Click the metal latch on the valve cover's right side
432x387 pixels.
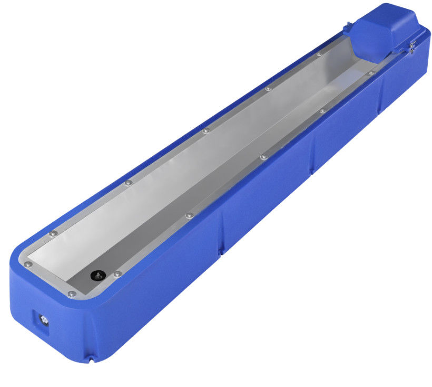point(412,46)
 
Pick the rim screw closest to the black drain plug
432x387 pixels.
point(117,273)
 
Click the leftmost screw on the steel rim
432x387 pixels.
point(29,264)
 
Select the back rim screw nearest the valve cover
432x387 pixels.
point(319,54)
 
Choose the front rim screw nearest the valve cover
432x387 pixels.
point(371,72)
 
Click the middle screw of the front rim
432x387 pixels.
point(263,156)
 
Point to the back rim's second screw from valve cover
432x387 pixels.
point(268,88)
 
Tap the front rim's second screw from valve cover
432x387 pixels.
point(321,111)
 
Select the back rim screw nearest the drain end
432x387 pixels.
point(52,233)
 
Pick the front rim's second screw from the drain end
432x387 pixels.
point(189,215)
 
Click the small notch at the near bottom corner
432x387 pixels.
point(91,361)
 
